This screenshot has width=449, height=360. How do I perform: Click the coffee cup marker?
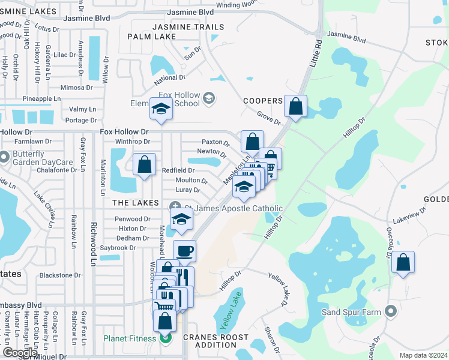pyautogui.click(x=184, y=251)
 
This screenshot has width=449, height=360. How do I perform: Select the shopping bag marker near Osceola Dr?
pyautogui.click(x=403, y=262)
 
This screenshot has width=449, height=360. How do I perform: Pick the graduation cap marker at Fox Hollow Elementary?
pyautogui.click(x=160, y=110)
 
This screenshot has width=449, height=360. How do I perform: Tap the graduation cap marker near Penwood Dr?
pyautogui.click(x=181, y=221)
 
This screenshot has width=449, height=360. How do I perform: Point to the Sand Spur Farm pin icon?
pyautogui.click(x=391, y=311)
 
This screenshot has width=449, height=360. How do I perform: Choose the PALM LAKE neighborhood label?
pyautogui.click(x=152, y=37)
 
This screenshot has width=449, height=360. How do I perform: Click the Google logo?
pyautogui.click(x=20, y=353)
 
